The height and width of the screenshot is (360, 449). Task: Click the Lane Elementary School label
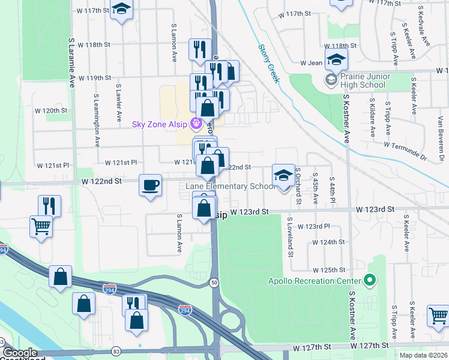(230, 186)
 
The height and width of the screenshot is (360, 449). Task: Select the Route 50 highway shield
(214, 283)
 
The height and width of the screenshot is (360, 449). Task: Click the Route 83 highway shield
(116, 351)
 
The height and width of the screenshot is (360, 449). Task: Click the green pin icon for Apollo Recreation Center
(370, 280)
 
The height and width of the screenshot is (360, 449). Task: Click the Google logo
(20, 353)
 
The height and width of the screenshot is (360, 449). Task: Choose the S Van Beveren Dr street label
(440, 143)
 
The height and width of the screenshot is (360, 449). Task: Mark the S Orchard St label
(297, 185)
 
